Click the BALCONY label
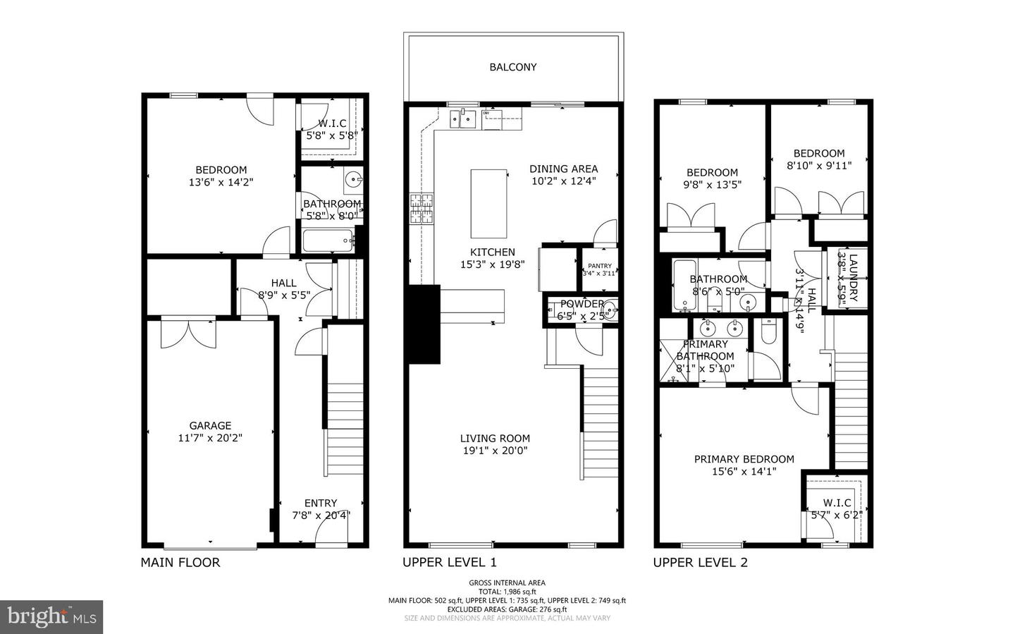pos(513,67)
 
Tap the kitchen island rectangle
pos(489,204)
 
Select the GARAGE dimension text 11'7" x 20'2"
pos(210,438)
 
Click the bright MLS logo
pos(51,617)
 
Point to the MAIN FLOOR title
pos(180,563)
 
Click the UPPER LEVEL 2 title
pos(700,563)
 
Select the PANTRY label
pos(600,266)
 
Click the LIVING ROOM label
pos(495,438)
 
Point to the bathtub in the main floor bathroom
pos(328,241)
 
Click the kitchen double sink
pos(465,121)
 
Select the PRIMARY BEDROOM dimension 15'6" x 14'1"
pos(744,472)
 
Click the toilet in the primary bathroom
pos(768,331)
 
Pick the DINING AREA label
pos(563,169)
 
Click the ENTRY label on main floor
pos(321,503)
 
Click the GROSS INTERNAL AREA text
pos(507,583)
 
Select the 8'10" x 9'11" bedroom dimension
pos(819,166)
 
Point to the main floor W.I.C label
pos(332,123)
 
